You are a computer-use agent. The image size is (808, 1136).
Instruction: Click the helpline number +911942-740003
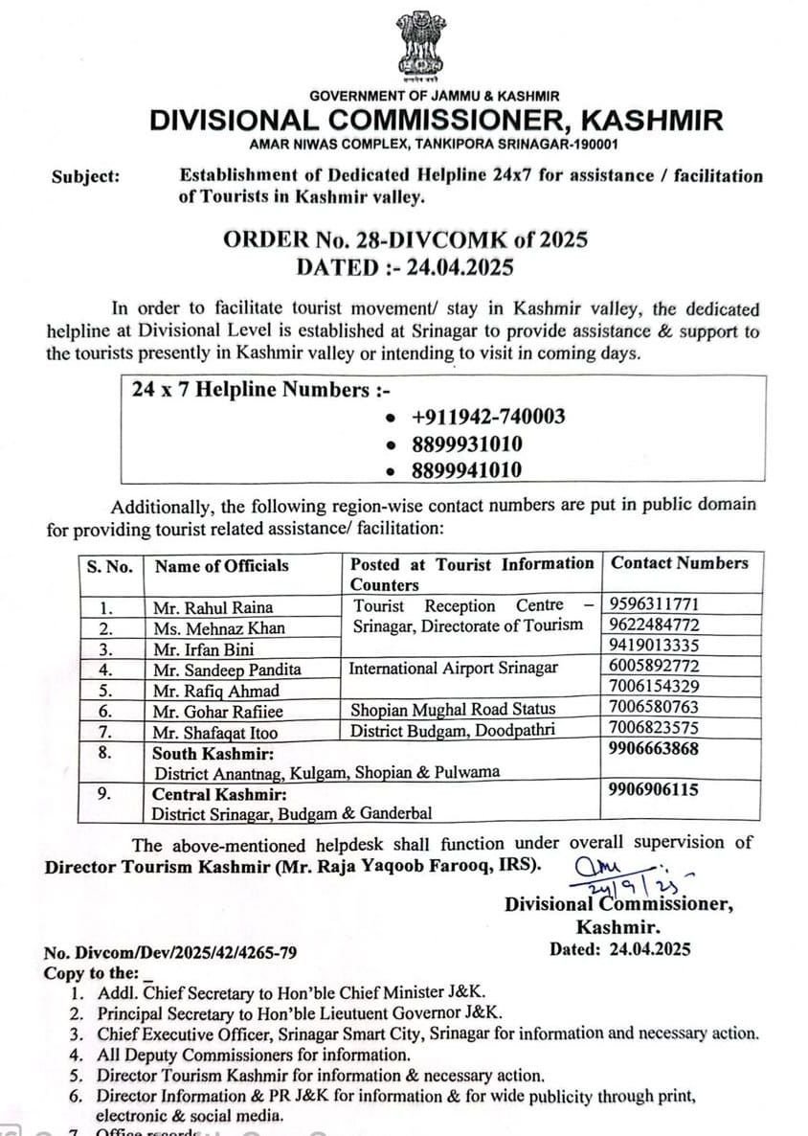click(487, 417)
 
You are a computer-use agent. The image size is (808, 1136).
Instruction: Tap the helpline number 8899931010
click(467, 443)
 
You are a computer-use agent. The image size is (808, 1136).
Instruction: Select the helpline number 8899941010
click(467, 470)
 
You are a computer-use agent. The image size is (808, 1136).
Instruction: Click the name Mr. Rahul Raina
click(213, 607)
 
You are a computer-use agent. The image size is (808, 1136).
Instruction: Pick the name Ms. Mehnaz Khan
click(219, 628)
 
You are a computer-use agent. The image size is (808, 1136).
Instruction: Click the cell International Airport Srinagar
click(454, 668)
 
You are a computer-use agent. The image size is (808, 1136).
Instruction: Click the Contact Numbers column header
click(680, 563)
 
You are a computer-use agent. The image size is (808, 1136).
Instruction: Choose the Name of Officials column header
click(222, 566)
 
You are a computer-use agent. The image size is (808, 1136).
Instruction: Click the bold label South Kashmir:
click(213, 754)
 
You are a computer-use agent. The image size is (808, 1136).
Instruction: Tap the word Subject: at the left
click(85, 176)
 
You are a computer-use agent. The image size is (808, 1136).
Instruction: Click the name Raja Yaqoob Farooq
click(425, 866)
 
